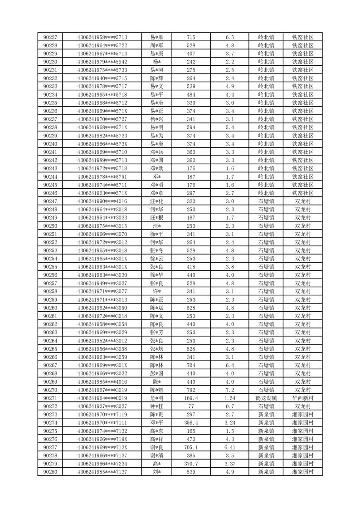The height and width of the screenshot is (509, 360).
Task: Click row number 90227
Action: tap(50, 37)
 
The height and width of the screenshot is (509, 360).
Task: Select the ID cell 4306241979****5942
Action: tap(102, 62)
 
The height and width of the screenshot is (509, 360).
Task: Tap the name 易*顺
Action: tap(157, 37)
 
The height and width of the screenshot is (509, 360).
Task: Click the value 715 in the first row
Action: tap(191, 37)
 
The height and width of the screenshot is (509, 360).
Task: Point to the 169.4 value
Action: tap(191, 398)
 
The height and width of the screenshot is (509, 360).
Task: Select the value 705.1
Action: tap(191, 447)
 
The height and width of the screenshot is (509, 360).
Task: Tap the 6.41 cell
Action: tap(229, 447)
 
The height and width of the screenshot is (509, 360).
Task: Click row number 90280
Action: tap(50, 472)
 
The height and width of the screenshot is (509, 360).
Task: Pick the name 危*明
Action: tap(157, 398)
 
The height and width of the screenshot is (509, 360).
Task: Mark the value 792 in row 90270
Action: tap(191, 390)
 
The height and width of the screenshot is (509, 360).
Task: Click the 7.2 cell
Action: tap(229, 390)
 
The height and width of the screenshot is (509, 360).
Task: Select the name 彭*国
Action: tap(157, 373)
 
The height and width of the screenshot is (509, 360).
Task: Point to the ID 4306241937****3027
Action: tap(102, 406)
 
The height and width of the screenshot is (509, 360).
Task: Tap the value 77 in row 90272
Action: tap(191, 406)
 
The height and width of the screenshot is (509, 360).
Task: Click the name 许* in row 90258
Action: tap(157, 291)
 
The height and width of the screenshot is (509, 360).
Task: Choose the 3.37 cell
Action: tap(229, 464)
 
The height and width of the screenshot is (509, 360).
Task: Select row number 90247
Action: tap(50, 201)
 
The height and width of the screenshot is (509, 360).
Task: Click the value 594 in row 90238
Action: tap(191, 127)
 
